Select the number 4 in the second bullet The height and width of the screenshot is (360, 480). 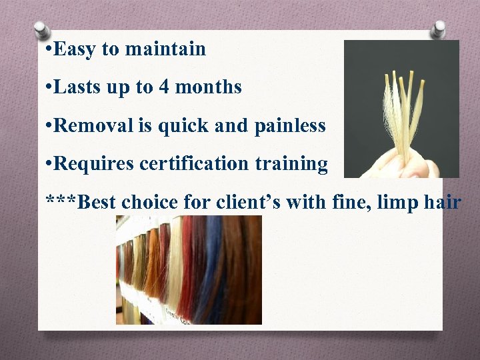click(163, 87)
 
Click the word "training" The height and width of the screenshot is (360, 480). click(297, 164)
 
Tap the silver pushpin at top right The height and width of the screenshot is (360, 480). click(438, 28)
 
